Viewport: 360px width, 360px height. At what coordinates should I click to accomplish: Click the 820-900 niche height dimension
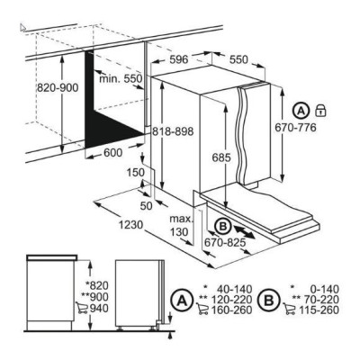pos(58,88)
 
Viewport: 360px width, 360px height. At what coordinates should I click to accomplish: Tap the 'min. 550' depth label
pos(121,79)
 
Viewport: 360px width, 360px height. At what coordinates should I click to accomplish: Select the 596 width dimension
pos(179,59)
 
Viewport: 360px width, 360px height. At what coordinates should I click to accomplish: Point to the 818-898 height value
pos(173,131)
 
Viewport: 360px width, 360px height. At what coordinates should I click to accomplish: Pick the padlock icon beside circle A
pos(320,111)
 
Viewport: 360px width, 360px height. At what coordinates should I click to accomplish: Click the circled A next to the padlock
pos(301,111)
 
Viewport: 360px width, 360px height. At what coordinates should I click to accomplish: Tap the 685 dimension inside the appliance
pos(221,157)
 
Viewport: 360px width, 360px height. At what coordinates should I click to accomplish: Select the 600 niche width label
pos(113,153)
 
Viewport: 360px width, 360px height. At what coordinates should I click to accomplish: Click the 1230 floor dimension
pos(131,224)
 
